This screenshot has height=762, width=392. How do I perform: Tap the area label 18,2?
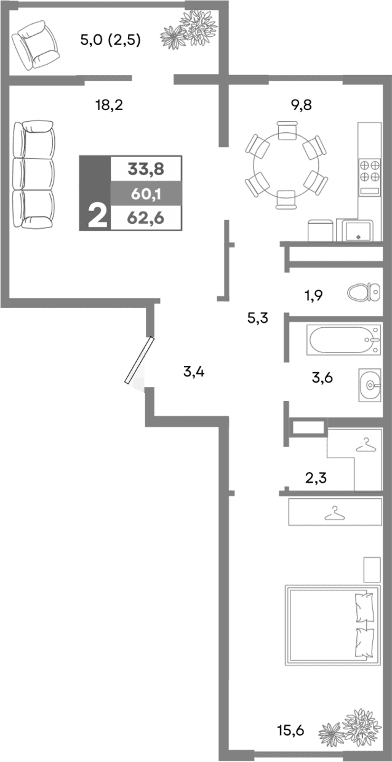click(x=109, y=105)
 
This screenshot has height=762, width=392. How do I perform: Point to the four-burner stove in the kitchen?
click(x=369, y=170)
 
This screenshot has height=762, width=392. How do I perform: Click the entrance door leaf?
click(x=137, y=361)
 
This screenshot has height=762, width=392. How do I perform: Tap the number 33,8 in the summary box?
click(x=145, y=168)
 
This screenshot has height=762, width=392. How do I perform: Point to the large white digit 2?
click(x=96, y=217)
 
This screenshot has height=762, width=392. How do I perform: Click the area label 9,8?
click(x=302, y=105)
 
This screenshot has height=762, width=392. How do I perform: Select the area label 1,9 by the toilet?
click(x=314, y=295)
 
